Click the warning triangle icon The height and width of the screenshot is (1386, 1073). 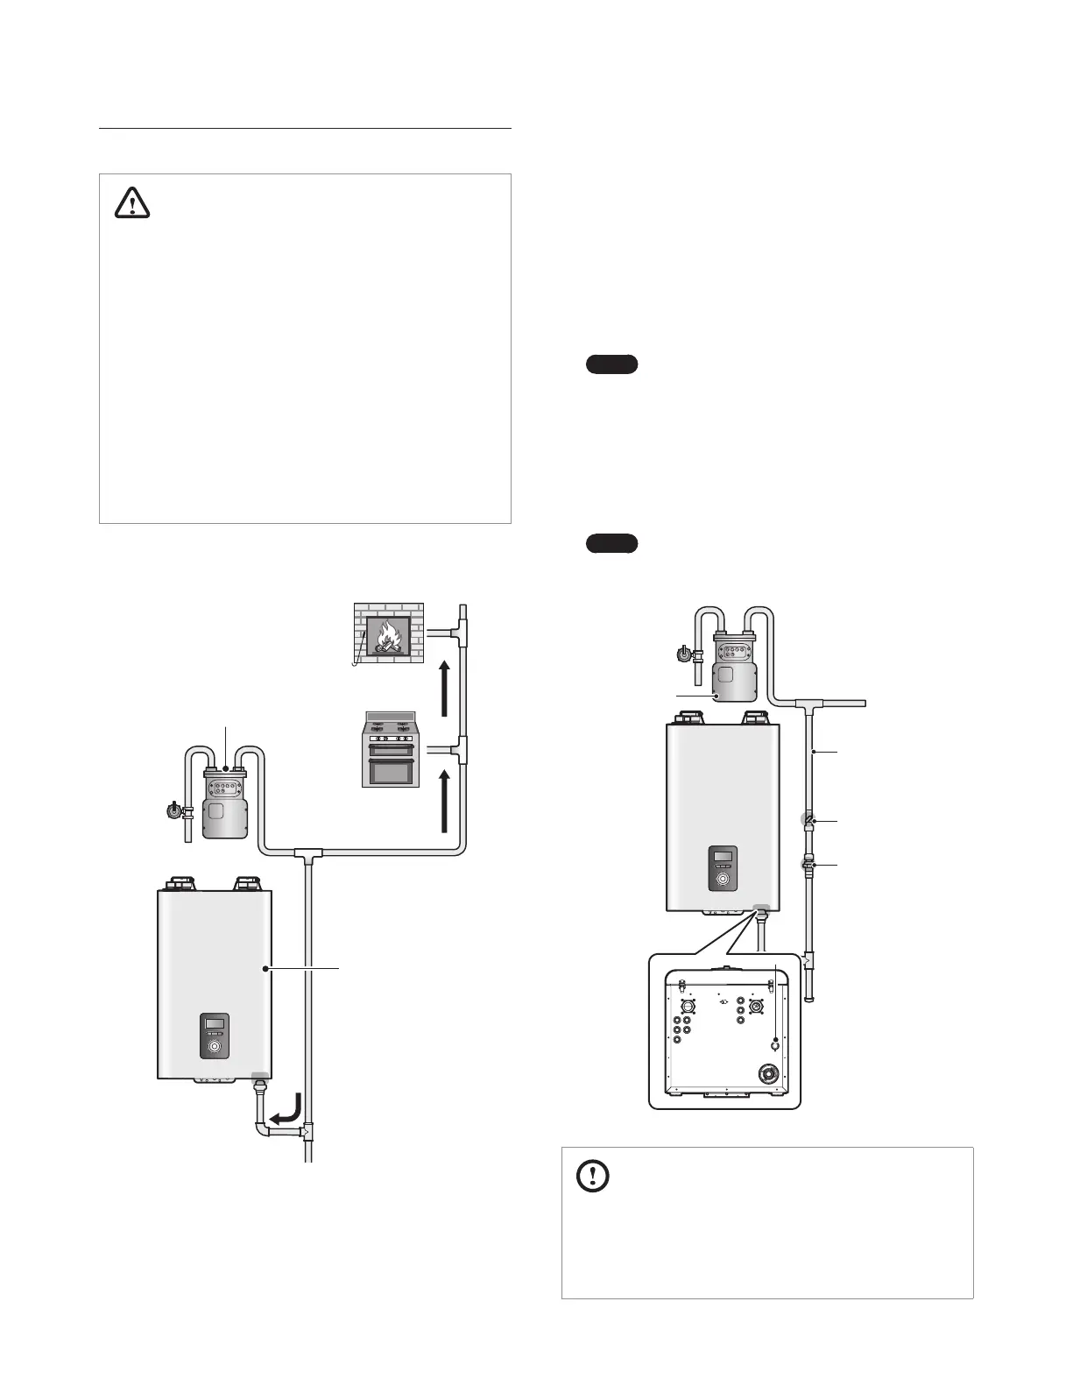coord(132,204)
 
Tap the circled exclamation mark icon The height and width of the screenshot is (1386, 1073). coord(593,1176)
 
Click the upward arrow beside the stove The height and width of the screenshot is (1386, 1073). coord(445,801)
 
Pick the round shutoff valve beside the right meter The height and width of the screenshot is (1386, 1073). coord(682,653)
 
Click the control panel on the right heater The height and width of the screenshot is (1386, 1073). coord(723,868)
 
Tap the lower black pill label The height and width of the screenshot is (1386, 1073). coord(611,544)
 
